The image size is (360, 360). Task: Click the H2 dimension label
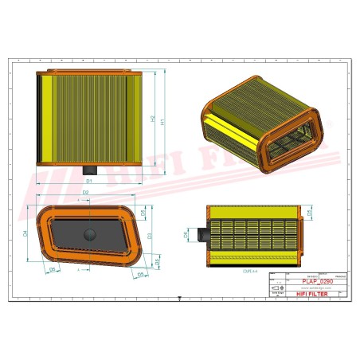(152, 119)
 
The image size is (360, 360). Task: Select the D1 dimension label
(88, 182)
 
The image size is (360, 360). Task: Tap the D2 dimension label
(86, 192)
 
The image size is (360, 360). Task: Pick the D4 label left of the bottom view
(25, 233)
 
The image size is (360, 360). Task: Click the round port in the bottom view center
(89, 233)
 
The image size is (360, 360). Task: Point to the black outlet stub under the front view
(89, 169)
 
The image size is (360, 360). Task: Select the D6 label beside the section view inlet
(187, 236)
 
